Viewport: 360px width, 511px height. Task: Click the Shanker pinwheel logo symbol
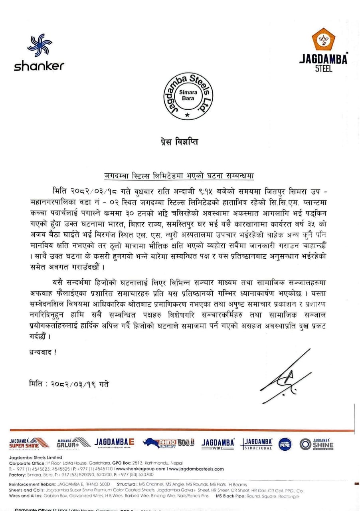point(40,46)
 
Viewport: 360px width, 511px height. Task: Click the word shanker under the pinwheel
point(39,66)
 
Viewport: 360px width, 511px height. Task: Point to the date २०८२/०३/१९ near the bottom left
point(81,384)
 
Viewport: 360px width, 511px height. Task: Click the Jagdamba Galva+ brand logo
point(68,444)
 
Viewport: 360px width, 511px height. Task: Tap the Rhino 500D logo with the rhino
point(169,443)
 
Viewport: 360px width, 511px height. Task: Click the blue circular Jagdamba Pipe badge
point(285,444)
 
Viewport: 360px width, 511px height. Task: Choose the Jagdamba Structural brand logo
point(258,444)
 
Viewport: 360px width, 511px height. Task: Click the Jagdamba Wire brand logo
point(218,444)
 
